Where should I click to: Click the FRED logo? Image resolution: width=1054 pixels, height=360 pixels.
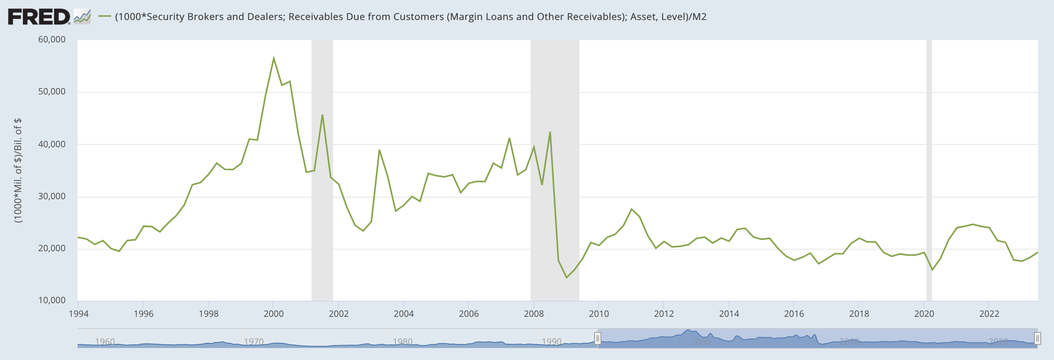[39, 17]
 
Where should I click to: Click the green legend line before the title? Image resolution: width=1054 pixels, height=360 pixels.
[105, 16]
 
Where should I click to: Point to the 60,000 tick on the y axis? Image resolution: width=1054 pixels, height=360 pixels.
[52, 40]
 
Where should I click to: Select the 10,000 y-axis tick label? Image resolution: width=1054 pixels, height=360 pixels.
[52, 300]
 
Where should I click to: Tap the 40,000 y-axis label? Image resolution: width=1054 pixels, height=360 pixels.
[52, 144]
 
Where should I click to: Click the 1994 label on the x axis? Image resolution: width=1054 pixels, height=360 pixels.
[78, 314]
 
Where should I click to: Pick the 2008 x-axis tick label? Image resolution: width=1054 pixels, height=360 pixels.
[533, 314]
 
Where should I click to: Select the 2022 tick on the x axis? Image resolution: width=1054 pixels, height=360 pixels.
[989, 314]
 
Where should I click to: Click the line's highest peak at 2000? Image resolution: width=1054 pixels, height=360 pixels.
[273, 58]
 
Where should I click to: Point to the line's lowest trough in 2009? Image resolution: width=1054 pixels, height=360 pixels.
[567, 277]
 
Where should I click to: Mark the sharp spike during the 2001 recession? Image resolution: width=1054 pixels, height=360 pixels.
[322, 115]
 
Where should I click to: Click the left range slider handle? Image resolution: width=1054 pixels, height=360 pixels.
[597, 338]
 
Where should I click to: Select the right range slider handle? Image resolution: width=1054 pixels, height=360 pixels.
[1038, 338]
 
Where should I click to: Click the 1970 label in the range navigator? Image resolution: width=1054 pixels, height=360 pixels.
[254, 342]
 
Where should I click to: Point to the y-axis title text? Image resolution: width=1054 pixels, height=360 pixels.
[18, 170]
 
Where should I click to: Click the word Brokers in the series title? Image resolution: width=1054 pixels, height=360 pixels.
[206, 17]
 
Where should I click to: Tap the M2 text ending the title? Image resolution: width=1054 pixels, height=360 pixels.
[699, 17]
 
